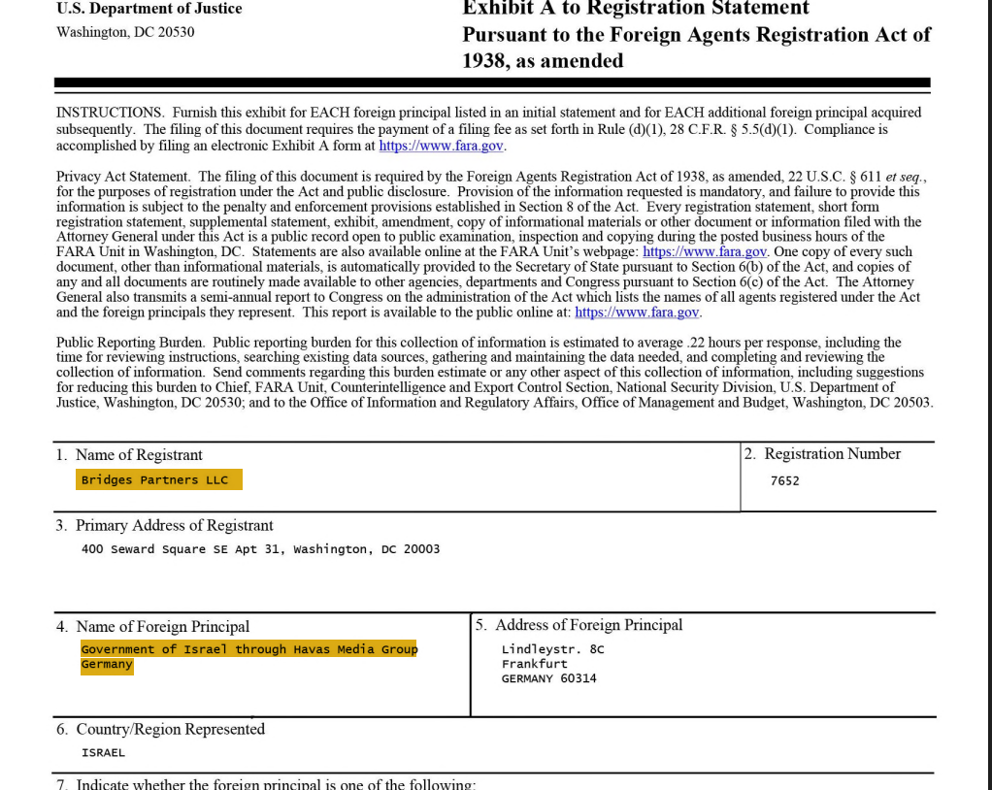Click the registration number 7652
pos(784,480)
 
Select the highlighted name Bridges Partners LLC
pos(155,480)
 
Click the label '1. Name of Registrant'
pos(130,455)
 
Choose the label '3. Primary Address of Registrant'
pos(165,526)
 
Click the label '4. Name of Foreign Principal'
pos(153,627)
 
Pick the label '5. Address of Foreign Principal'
pos(579,625)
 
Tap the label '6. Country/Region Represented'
pos(161,730)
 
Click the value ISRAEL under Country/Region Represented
pos(103,752)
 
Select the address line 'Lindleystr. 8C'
pos(552,649)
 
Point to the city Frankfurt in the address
pos(534,664)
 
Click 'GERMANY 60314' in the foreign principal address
pos(548,678)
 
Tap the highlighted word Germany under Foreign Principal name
pos(107,665)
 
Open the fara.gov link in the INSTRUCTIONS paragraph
pos(441,146)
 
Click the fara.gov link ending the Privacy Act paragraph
pos(637,313)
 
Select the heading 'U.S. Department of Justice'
pos(149,9)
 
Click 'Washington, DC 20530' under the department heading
pos(125,32)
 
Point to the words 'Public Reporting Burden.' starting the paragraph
pos(131,343)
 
